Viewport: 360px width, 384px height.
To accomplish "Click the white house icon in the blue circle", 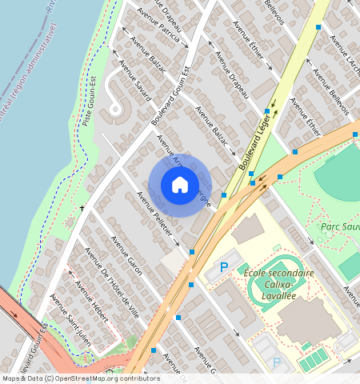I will [x=180, y=185].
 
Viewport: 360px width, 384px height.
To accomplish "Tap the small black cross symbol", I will [x=82, y=209].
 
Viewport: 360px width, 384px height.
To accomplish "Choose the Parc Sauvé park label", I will [x=339, y=226].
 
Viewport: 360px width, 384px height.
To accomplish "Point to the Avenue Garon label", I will [x=126, y=256].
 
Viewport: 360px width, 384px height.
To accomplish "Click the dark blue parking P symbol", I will [x=224, y=267].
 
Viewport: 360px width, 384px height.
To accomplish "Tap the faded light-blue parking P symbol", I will [x=278, y=362].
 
